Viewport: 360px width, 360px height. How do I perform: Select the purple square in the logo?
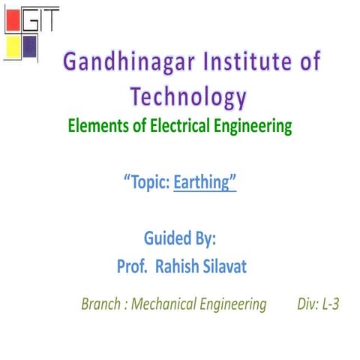[30, 47]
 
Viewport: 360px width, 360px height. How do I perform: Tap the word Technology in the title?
[187, 97]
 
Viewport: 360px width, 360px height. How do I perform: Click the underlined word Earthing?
[205, 182]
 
